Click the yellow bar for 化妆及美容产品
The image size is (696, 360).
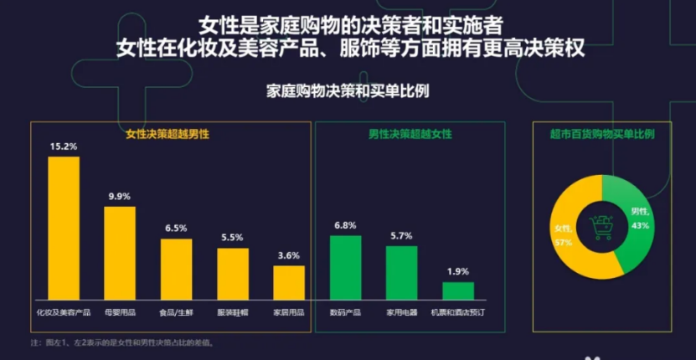click(x=64, y=228)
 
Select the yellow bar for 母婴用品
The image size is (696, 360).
click(x=120, y=252)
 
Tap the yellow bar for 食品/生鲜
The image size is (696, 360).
click(x=176, y=269)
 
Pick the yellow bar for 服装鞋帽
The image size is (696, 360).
click(x=233, y=273)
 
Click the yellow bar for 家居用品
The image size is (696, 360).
click(x=289, y=282)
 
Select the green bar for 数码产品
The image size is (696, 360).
click(x=345, y=267)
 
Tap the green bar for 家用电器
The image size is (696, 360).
click(x=401, y=272)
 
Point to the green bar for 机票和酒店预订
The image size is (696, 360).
click(x=458, y=291)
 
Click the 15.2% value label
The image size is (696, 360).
click(x=64, y=147)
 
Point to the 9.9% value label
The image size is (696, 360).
click(x=120, y=196)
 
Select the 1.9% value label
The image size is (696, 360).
click(x=458, y=271)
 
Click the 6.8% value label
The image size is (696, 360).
click(x=345, y=225)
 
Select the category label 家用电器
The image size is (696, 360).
click(x=401, y=311)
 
